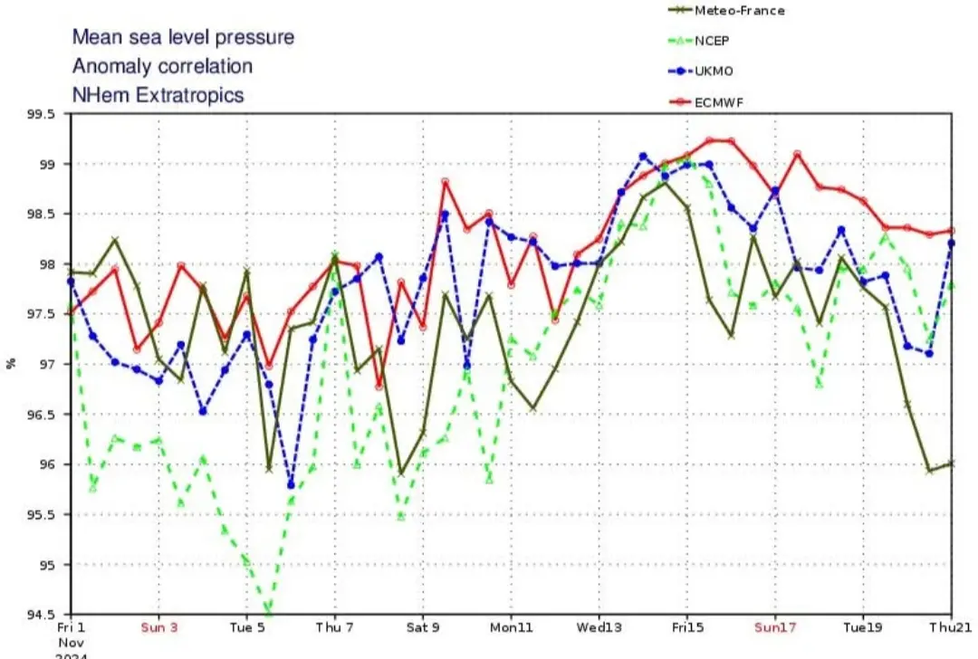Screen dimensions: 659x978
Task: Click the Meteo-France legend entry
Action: pos(739,11)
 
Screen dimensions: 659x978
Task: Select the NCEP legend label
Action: pos(714,41)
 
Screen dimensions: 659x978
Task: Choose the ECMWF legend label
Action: pos(720,102)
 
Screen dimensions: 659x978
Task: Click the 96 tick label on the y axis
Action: pos(46,464)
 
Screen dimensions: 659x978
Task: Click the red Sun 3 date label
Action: pos(158,626)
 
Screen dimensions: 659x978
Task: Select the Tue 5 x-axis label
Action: pos(246,626)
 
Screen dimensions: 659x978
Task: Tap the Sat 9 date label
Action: pos(422,626)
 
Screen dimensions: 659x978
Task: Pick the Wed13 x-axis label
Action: pos(599,626)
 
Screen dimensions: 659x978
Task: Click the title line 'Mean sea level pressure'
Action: pos(183,37)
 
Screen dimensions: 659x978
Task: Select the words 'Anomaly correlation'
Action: pos(162,66)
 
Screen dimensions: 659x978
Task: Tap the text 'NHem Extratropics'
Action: pos(158,94)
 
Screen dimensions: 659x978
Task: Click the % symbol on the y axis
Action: pos(12,364)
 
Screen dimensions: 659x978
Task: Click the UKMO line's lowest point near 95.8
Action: pos(291,485)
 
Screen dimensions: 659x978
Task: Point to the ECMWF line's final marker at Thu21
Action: pos(951,230)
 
